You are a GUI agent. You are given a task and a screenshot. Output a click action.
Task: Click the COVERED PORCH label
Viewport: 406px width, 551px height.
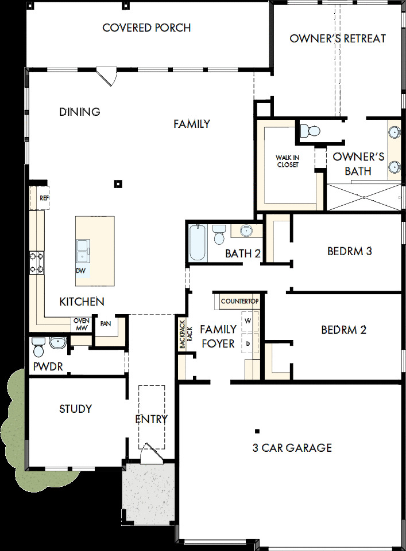click(x=146, y=28)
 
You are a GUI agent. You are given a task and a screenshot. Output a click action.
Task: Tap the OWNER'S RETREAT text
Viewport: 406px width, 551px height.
click(x=337, y=38)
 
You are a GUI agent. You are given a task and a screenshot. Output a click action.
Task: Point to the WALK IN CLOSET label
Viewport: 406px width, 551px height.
click(x=287, y=161)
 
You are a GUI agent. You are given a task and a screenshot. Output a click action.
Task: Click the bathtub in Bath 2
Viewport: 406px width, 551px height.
click(x=198, y=242)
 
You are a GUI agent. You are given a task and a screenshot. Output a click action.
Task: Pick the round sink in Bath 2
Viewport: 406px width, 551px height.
click(x=246, y=231)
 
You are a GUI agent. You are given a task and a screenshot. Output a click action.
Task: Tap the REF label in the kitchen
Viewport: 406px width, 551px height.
click(x=44, y=198)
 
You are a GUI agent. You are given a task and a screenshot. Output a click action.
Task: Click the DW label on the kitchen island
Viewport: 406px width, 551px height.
click(x=81, y=270)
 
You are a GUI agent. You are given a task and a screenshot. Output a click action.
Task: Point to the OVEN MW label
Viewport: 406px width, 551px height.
click(x=79, y=325)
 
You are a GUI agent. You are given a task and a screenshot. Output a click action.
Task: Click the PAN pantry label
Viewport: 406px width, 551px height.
click(x=106, y=323)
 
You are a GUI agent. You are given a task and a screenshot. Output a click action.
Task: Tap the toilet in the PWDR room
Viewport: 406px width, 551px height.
click(x=38, y=346)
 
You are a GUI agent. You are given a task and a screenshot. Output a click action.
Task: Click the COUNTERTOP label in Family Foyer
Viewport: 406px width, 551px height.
click(x=239, y=301)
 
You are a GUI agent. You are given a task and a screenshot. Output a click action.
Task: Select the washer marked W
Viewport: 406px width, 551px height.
click(x=248, y=321)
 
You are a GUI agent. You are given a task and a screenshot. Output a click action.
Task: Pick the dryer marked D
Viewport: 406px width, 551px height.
click(x=248, y=343)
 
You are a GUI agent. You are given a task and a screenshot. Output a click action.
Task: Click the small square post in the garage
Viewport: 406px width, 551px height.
click(x=257, y=431)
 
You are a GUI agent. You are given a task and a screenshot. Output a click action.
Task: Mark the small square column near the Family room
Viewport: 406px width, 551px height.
click(x=118, y=184)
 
